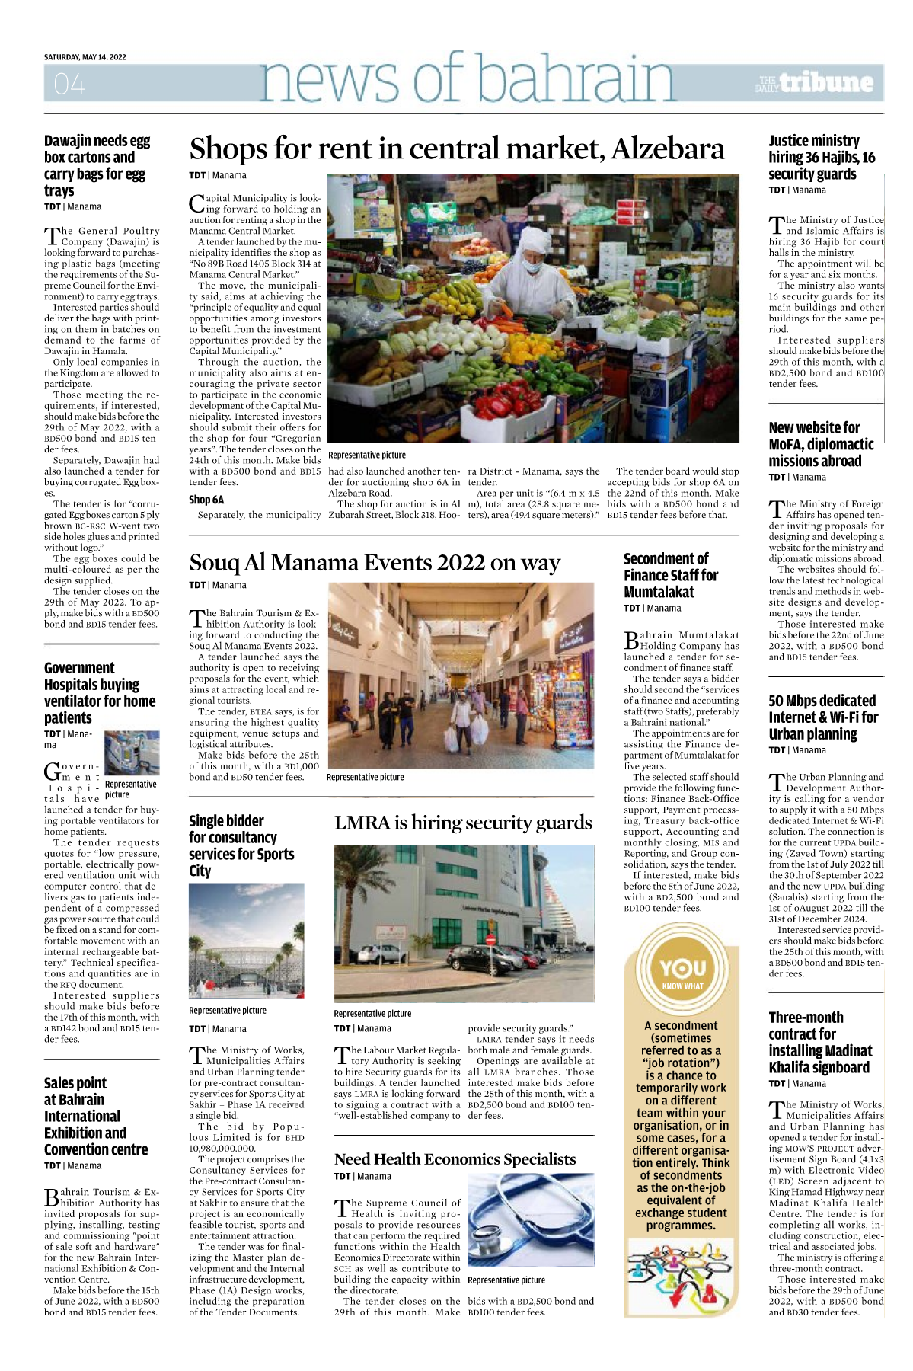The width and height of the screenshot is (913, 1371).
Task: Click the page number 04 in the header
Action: point(69,84)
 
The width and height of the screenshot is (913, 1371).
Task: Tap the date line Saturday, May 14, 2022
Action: point(85,57)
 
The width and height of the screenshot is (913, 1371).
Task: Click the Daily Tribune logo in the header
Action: point(814,83)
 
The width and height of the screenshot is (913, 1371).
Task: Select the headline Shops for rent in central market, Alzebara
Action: point(456,149)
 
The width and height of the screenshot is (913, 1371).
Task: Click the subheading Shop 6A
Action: point(206,500)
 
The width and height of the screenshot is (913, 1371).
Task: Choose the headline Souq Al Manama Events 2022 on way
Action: point(375,563)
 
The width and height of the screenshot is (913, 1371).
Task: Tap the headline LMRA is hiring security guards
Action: point(463,823)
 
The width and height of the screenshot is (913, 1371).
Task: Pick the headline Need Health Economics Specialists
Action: point(455,1159)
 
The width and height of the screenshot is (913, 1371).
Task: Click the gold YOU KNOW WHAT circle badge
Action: point(682,971)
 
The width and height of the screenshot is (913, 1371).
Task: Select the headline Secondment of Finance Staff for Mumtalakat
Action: point(671,575)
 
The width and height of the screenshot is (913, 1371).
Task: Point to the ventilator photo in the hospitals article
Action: point(132,753)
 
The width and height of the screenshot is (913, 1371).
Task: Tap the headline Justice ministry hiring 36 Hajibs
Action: point(822,158)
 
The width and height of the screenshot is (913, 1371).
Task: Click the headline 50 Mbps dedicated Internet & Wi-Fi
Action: point(823,717)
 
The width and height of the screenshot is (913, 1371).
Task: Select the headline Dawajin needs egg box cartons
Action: point(97,165)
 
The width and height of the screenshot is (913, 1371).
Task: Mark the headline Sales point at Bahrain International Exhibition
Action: point(96,1116)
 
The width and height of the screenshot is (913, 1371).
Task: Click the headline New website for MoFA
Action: point(821,444)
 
